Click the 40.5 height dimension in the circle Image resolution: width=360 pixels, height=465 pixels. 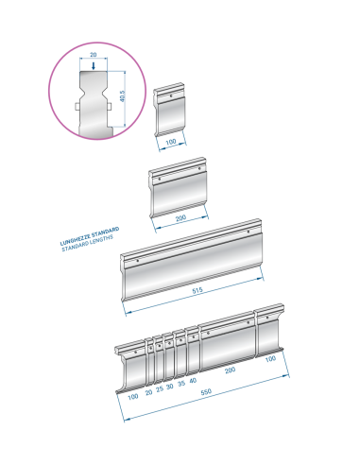123,96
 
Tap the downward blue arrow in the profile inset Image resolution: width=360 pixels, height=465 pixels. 94,66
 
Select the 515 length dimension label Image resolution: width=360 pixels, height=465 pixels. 197,290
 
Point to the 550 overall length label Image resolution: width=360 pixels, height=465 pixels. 206,392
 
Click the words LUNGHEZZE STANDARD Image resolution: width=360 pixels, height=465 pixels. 90,235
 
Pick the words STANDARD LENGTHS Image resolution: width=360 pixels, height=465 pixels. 87,243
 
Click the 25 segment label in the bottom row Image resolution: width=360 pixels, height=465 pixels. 160,388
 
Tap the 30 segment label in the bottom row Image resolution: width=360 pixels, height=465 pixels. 170,387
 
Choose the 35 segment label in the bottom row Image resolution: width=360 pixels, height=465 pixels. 181,384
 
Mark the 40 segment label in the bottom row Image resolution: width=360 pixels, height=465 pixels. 193,381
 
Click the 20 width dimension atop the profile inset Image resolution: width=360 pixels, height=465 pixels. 94,55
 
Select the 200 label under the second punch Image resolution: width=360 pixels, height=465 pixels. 180,218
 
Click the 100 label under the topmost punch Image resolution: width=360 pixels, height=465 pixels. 171,142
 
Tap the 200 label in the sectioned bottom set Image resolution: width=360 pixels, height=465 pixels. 231,370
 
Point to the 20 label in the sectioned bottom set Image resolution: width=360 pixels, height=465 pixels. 148,392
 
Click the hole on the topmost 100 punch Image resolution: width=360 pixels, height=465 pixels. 171,95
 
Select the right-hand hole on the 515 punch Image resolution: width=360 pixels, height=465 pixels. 249,232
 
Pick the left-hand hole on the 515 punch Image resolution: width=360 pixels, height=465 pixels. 138,261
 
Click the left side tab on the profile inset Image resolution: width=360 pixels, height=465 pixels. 77,107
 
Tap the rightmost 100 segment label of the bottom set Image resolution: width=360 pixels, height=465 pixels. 270,359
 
